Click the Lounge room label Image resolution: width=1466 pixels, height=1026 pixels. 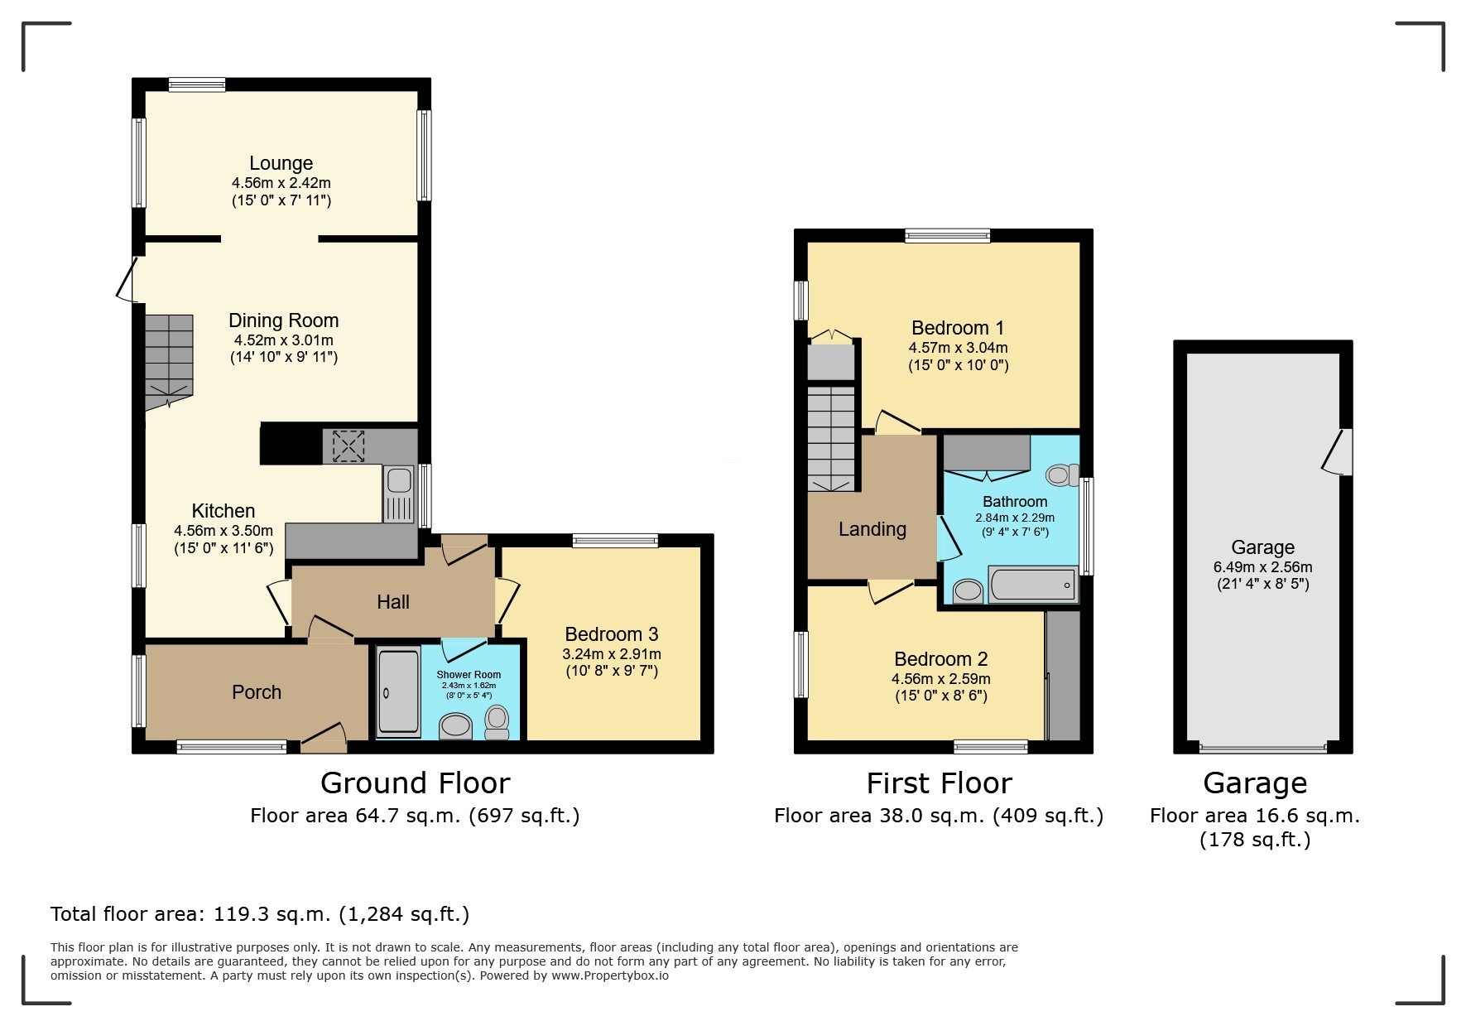281,163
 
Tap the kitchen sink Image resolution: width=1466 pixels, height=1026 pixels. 399,493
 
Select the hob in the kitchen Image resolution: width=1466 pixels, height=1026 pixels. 348,446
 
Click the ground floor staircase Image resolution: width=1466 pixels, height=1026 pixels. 170,360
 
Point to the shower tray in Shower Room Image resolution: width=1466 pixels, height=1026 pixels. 398,693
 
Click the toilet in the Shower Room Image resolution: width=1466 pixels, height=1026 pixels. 497,722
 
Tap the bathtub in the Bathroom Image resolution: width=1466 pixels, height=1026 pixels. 1033,585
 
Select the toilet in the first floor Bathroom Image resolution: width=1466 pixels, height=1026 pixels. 1061,474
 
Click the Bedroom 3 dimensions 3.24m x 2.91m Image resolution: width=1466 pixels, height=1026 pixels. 612,653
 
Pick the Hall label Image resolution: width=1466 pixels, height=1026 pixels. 393,602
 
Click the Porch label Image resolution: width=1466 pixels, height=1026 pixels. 257,692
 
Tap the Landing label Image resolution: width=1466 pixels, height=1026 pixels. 872,529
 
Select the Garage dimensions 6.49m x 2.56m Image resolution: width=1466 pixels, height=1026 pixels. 1262,567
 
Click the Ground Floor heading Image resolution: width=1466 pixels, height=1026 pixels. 415,783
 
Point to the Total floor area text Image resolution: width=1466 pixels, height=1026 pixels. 260,914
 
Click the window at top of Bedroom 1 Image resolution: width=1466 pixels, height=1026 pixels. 947,236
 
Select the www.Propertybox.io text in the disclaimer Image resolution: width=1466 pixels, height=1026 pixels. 610,975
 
